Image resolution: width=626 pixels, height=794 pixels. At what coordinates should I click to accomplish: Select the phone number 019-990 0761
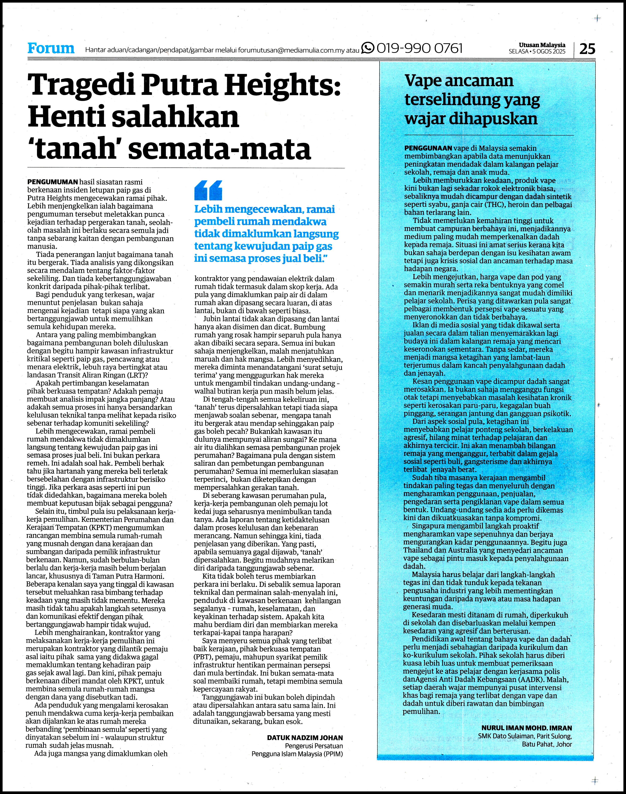(420, 48)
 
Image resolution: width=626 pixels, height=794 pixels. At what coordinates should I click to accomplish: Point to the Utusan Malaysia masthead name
(542, 45)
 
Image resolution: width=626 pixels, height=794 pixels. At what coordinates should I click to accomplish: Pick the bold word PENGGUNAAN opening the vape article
(428, 148)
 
